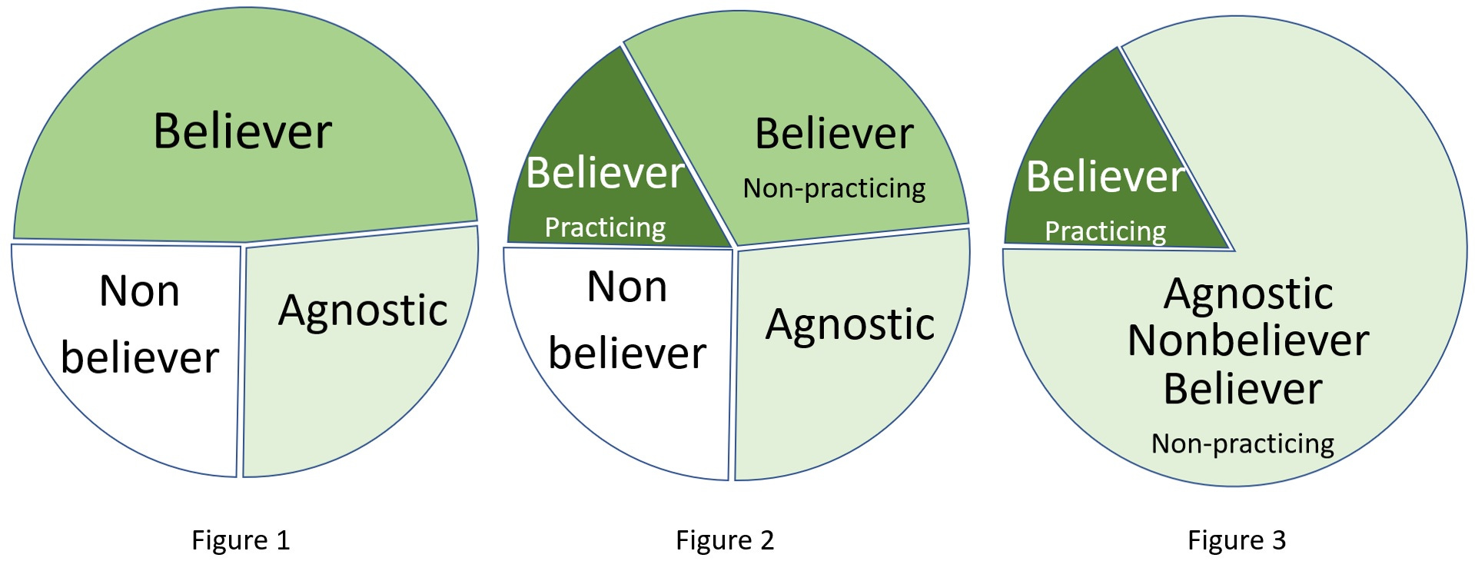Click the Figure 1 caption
coord(241,540)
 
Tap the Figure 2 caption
coord(724,540)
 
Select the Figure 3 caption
coord(1236,540)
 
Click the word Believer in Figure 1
coord(243,131)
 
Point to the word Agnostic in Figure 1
coord(363,311)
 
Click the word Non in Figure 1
coord(139,292)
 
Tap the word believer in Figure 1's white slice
coord(140,358)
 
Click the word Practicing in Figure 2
coord(605,227)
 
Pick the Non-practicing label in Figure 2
coord(834,188)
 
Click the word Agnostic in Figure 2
coord(850,325)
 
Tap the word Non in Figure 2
coord(626,287)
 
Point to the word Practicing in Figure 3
coord(1105,231)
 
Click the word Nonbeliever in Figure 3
coord(1248,341)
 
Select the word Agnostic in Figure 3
coord(1248,294)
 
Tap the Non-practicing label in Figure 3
coord(1242,444)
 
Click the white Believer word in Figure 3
coord(1105,177)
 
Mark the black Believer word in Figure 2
coord(834,134)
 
